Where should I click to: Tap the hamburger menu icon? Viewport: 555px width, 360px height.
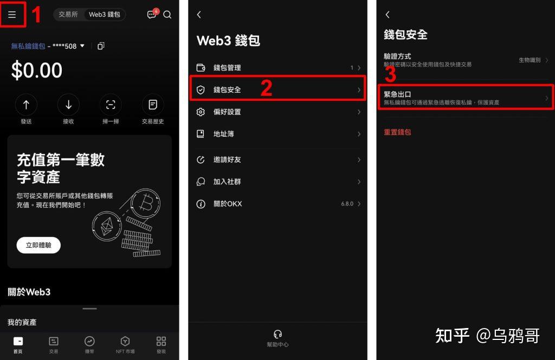12,15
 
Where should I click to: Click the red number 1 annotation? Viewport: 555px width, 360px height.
36,15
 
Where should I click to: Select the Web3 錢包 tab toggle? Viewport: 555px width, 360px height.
105,15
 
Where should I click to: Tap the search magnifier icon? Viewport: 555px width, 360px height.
167,15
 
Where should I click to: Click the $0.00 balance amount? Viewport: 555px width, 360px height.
37,70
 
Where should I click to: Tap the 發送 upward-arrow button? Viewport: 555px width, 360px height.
26,105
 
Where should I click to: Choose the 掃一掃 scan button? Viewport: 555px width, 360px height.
111,105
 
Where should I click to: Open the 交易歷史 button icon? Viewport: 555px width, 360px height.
153,105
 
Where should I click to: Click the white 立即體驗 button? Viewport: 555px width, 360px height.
38,245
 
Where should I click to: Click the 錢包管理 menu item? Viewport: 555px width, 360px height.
227,68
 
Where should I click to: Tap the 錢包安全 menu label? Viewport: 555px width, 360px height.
227,90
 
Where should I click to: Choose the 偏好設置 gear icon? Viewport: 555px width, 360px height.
201,112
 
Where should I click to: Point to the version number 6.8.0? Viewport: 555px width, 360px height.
347,204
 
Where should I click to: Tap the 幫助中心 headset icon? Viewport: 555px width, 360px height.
278,334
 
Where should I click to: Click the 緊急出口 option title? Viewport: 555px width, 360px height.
397,94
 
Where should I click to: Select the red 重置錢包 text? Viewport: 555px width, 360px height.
398,132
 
